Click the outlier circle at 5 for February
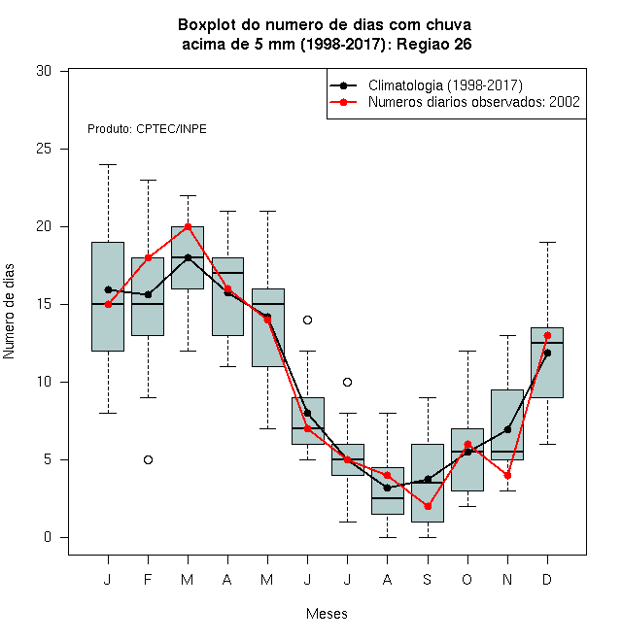148,460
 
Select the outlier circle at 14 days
308,320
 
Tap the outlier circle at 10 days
347,383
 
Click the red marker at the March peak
189,227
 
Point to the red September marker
428,507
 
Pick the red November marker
508,476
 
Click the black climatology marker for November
508,429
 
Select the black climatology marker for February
148,294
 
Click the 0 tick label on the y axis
48,537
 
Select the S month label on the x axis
428,579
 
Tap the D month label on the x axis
547,579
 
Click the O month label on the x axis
467,579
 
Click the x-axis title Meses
327,614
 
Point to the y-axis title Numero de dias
9,312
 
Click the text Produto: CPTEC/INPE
147,129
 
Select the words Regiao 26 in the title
434,44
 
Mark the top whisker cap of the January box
109,165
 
